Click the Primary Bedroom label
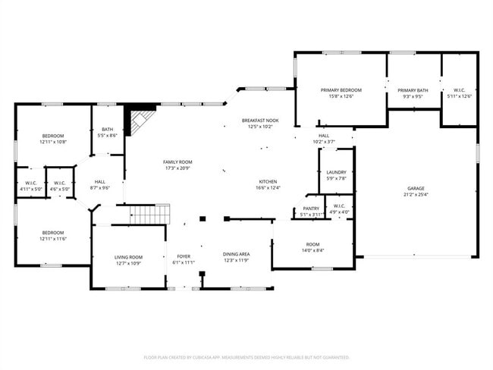pos(341,90)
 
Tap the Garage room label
pos(416,188)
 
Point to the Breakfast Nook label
pos(260,121)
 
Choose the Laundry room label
pos(336,173)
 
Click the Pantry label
pos(311,209)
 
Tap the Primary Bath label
pos(413,90)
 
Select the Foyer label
pos(184,256)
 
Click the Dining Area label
pos(237,254)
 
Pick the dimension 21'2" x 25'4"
pos(416,194)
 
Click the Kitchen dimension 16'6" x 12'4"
pos(268,188)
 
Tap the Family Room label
pos(177,161)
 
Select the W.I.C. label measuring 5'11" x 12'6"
pos(460,96)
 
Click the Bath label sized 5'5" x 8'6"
pos(108,130)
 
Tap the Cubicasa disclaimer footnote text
pos(246,356)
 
